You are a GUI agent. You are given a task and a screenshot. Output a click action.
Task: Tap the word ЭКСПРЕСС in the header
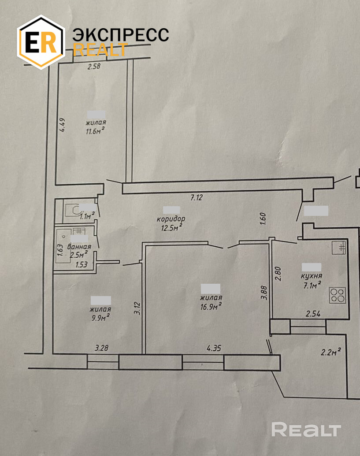(120, 35)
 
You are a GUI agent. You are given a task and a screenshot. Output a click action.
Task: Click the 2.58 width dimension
(94, 67)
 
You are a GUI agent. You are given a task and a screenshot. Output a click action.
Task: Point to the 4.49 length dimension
(63, 124)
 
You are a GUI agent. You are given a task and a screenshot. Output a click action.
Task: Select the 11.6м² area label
(96, 131)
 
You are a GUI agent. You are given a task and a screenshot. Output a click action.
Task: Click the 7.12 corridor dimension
(196, 198)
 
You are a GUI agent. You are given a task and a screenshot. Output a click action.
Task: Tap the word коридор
(171, 219)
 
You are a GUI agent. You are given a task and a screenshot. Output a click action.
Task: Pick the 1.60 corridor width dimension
(264, 219)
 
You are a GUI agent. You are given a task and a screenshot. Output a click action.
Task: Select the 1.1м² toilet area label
(87, 216)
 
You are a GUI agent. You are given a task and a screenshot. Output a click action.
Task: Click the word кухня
(311, 276)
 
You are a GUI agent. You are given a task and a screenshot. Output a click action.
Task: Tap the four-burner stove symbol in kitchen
(337, 295)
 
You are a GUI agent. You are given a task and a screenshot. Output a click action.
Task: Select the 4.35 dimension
(214, 348)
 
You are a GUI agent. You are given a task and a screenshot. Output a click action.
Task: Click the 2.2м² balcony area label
(331, 352)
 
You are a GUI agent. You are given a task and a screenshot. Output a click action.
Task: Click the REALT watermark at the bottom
(306, 429)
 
